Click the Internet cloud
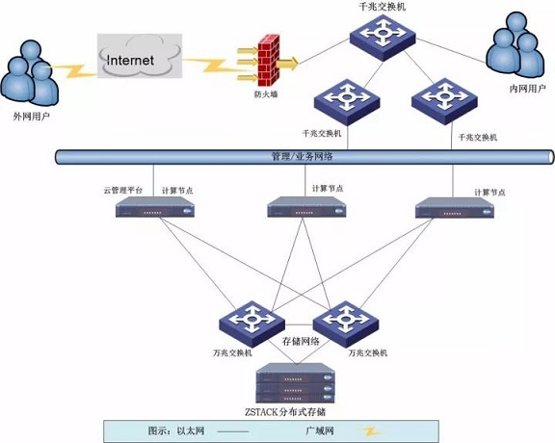point(140,56)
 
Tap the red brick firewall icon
point(268,61)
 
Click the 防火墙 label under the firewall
point(266,94)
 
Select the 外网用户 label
point(31,117)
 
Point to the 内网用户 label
point(527,89)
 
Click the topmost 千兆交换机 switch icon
point(383,37)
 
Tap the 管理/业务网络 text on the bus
point(302,156)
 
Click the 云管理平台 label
point(122,190)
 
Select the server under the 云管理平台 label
point(155,207)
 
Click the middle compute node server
point(306,207)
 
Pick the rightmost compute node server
point(455,208)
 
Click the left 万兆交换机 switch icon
point(251,324)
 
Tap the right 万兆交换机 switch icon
point(346,324)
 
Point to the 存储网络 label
point(301,341)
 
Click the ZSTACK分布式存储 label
point(285,412)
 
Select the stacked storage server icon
point(295,383)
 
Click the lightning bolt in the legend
point(369,431)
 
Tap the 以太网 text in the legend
point(191,430)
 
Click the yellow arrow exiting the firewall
point(287,64)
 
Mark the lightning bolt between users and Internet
point(72,70)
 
